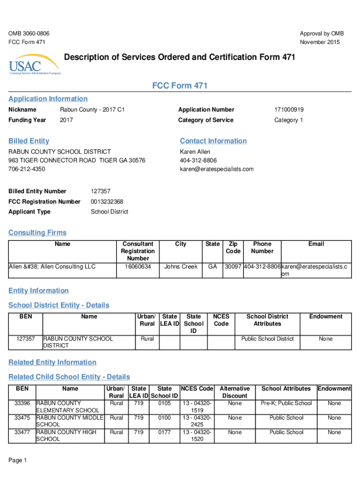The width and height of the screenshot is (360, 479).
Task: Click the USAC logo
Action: click(x=35, y=67)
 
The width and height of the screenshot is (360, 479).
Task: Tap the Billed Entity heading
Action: click(x=29, y=141)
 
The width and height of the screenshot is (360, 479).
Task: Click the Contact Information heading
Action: click(x=213, y=141)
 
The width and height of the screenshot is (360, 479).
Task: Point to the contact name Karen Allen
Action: click(x=195, y=152)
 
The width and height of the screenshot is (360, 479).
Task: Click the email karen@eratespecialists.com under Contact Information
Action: click(x=216, y=169)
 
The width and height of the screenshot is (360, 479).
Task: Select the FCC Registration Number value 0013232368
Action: click(x=107, y=202)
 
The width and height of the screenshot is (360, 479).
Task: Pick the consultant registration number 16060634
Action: click(x=138, y=267)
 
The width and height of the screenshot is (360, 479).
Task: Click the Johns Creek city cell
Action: click(x=181, y=267)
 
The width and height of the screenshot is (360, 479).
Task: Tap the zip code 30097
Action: click(x=233, y=267)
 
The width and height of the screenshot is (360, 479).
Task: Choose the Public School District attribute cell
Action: click(x=267, y=339)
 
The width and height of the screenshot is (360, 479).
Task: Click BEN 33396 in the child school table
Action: click(x=22, y=403)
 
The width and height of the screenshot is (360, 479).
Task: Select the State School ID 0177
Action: click(x=165, y=432)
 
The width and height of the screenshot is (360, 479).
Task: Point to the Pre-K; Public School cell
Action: click(x=286, y=403)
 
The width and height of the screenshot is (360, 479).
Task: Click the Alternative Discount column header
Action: click(x=235, y=392)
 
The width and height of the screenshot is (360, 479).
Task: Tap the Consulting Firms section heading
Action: click(x=37, y=233)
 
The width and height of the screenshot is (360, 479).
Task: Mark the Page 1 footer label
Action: click(x=18, y=460)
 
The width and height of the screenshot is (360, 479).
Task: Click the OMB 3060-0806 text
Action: click(x=29, y=34)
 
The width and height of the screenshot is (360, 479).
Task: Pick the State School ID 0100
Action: click(x=165, y=418)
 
